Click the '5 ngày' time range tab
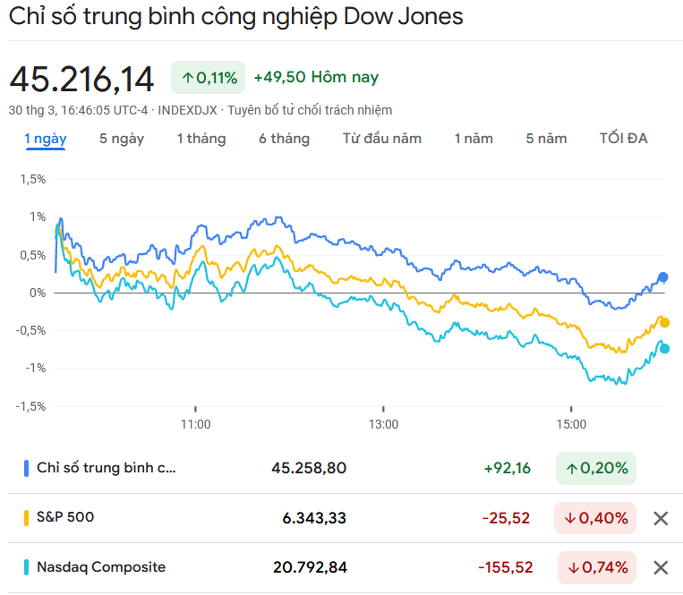click(122, 139)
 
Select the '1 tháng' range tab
click(201, 139)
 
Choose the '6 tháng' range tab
click(285, 139)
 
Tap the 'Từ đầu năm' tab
click(382, 139)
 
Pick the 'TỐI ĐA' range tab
click(624, 139)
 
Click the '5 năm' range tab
click(546, 139)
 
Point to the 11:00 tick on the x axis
click(195, 423)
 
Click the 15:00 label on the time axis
click(571, 423)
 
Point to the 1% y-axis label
click(37, 217)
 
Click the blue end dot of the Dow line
click(663, 277)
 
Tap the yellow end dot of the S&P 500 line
click(664, 323)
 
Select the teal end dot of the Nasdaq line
click(664, 349)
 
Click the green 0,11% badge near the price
click(208, 78)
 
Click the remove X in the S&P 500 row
click(661, 518)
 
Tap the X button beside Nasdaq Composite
click(661, 567)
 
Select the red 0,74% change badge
click(596, 567)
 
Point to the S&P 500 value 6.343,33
click(309, 518)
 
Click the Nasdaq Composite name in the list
click(101, 567)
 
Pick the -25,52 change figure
click(507, 518)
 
